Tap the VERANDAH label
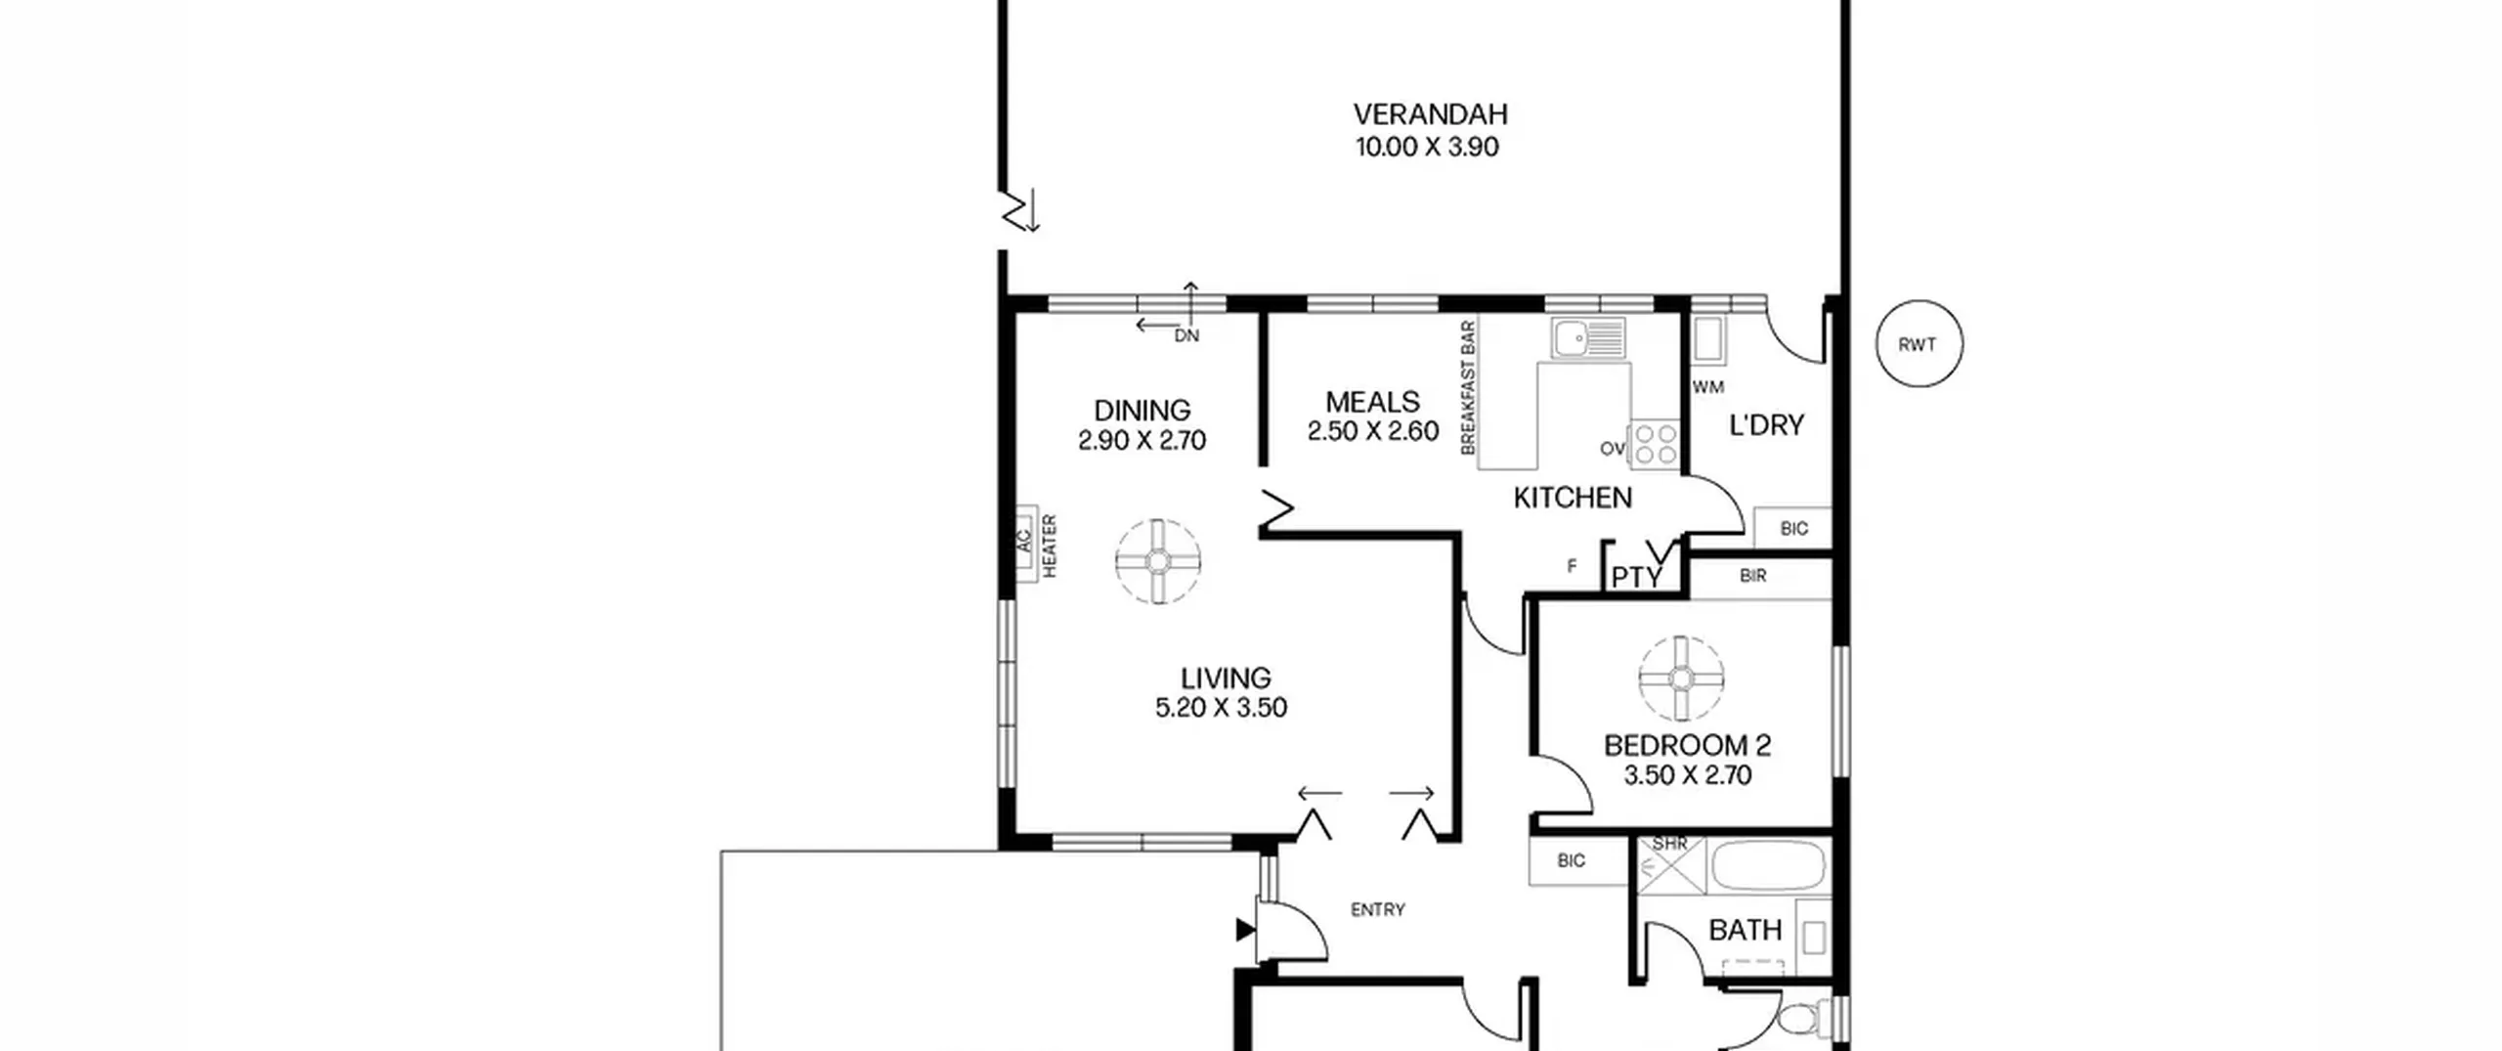[1430, 114]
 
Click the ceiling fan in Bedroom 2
[1681, 678]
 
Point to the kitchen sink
[1588, 338]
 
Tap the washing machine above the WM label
[1709, 340]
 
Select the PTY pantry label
[1636, 578]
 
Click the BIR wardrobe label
[1753, 576]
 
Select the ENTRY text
[1378, 909]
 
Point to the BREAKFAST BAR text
[1467, 388]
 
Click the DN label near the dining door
[1186, 336]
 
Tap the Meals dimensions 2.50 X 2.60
[1373, 431]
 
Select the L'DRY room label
[1767, 425]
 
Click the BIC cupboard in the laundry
[1793, 528]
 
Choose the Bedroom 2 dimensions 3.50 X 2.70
[1688, 775]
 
